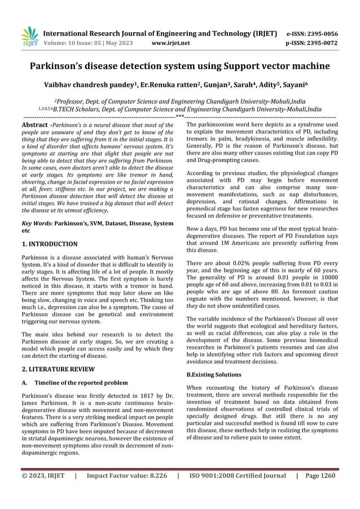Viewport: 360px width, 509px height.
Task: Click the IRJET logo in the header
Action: pos(29,37)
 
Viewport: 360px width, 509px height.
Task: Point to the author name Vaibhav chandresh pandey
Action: pos(93,86)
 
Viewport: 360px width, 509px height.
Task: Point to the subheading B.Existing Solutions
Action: pos(214,374)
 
